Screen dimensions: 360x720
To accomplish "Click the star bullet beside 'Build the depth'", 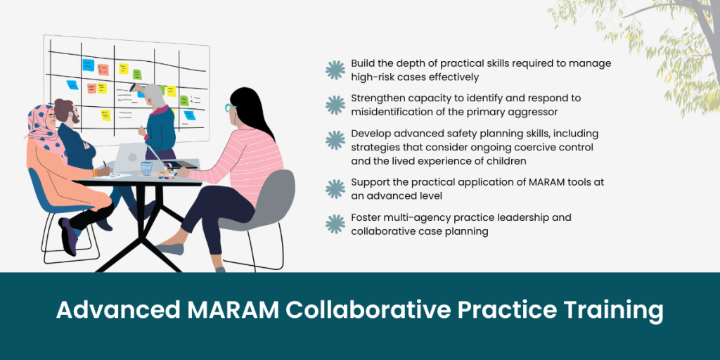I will [335, 70].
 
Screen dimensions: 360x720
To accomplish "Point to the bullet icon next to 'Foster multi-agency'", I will [335, 224].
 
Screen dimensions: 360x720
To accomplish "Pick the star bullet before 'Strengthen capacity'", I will [335, 105].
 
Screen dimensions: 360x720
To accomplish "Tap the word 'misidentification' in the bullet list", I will [397, 112].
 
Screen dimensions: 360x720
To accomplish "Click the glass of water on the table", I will [146, 168].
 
